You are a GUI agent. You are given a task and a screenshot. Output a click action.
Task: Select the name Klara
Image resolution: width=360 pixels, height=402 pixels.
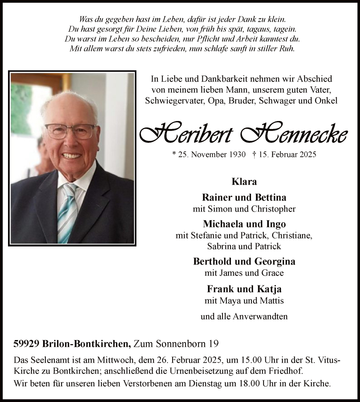244,181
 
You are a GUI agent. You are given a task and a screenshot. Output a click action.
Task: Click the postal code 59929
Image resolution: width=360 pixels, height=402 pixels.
25,344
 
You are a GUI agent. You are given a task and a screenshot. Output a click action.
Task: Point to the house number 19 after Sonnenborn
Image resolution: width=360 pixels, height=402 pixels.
214,344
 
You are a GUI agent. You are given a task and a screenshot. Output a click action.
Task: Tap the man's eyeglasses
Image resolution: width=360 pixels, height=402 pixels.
70,131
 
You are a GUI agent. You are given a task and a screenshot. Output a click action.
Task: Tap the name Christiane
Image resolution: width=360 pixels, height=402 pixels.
290,235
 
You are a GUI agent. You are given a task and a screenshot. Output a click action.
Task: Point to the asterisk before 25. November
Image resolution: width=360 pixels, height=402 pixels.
174,154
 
